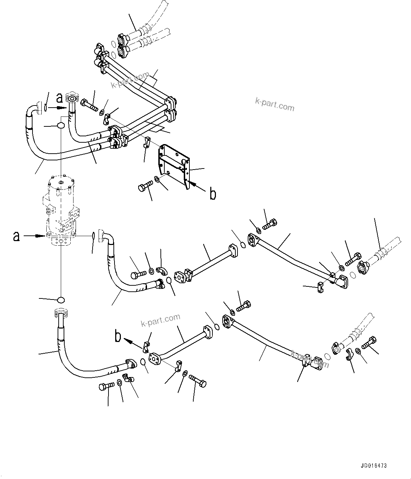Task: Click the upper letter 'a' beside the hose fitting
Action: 60,97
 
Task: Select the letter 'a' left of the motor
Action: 16,236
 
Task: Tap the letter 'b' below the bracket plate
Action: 213,194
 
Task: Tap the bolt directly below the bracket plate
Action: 145,186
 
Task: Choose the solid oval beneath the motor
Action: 61,300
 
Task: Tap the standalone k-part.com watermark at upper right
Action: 275,104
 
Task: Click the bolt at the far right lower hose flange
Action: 370,342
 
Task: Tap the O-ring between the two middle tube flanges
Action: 242,244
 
